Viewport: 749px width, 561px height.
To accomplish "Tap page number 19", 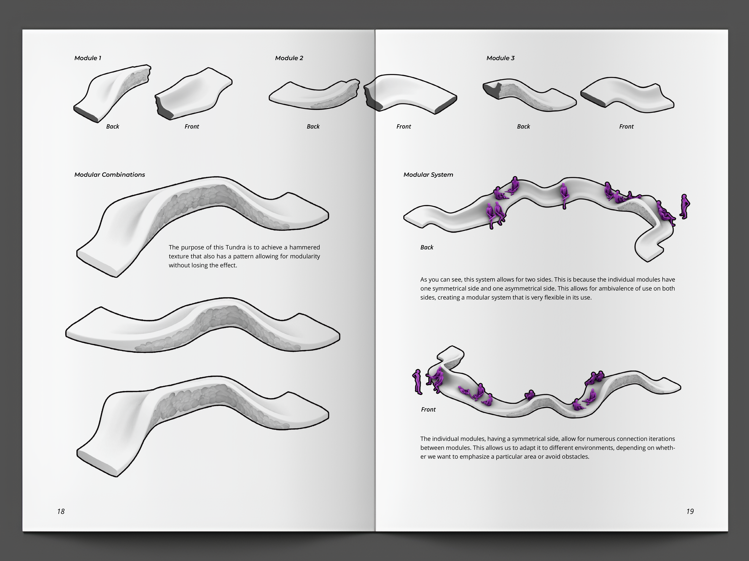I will click(690, 511).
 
